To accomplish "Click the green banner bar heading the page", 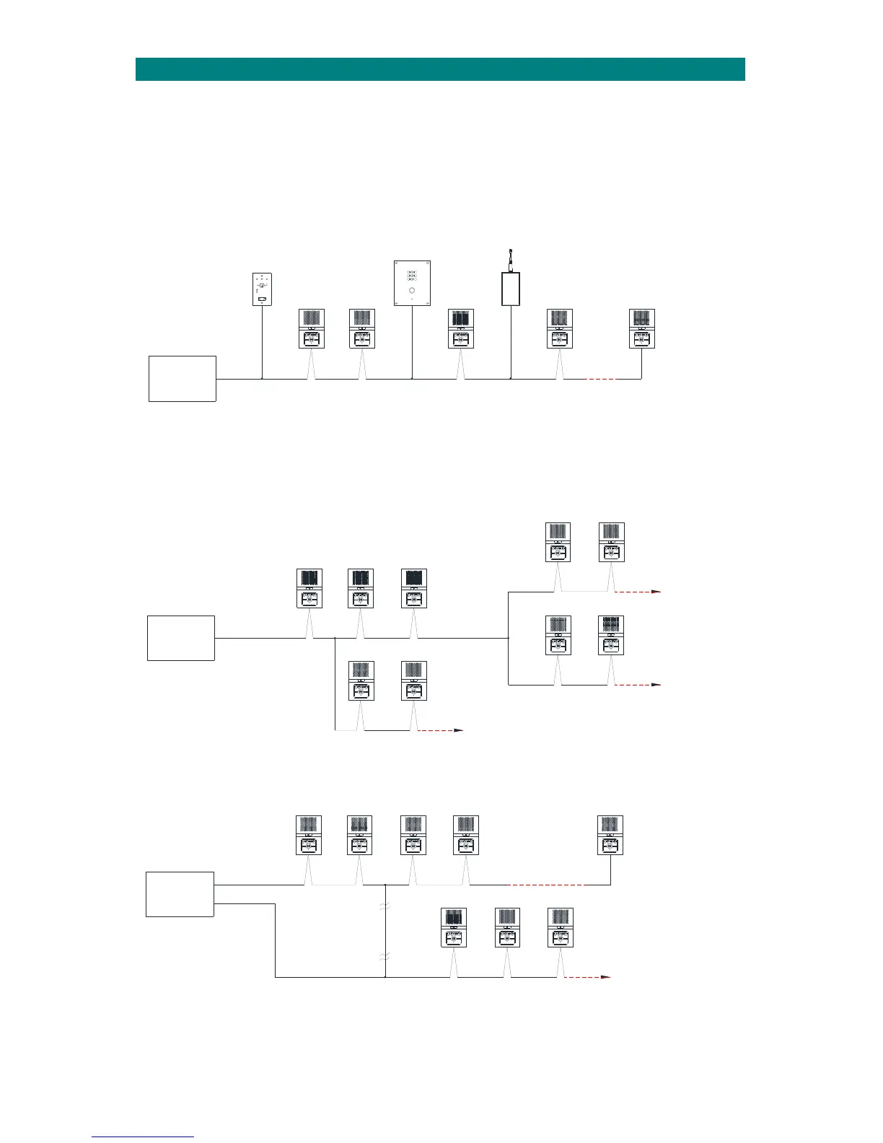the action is click(440, 69).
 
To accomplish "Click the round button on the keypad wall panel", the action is click(412, 290).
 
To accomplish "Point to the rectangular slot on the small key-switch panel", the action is click(262, 299).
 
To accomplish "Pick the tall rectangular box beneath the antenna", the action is click(511, 289).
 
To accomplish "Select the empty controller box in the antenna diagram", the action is click(182, 378).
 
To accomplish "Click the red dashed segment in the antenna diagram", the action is click(599, 379).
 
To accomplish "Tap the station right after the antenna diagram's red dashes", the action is click(641, 329).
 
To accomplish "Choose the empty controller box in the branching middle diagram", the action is click(180, 638).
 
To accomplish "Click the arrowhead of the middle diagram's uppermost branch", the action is click(656, 591).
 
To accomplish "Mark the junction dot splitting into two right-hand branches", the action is click(509, 638).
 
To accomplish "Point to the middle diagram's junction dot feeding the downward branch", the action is click(336, 638).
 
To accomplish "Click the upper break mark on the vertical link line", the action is click(386, 907).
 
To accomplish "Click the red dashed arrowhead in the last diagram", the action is click(607, 977).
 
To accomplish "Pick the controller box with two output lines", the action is click(180, 894).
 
